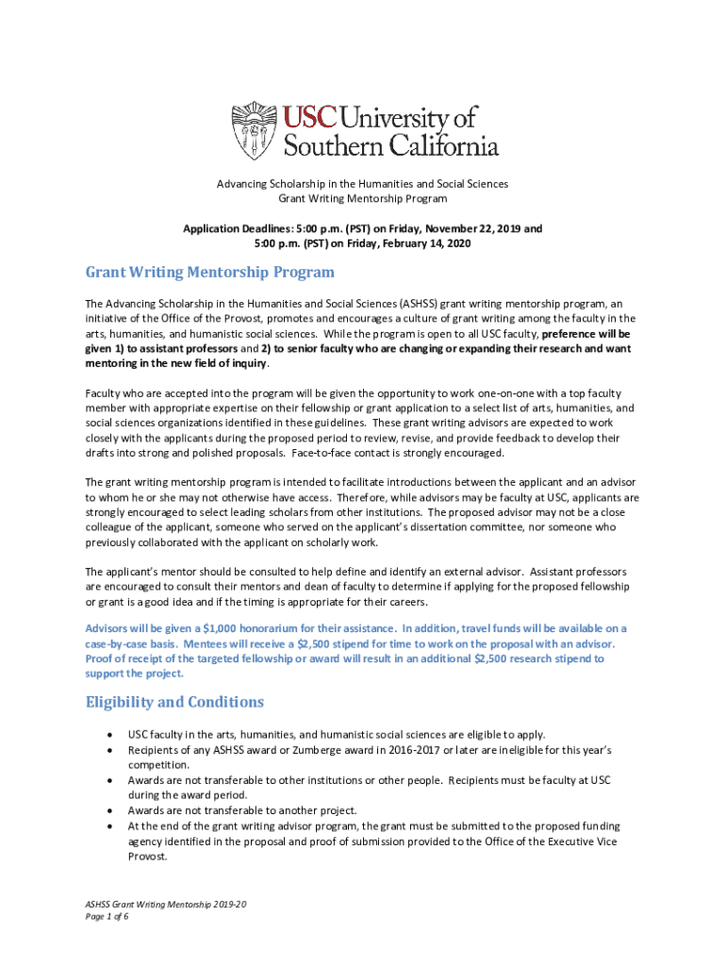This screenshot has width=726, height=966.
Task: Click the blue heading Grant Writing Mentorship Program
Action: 209,273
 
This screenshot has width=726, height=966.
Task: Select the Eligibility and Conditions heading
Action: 174,702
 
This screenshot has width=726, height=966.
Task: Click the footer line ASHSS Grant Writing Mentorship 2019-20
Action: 166,904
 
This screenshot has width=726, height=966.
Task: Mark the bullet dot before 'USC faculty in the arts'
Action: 113,735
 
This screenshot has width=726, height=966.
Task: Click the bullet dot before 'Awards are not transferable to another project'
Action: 113,810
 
